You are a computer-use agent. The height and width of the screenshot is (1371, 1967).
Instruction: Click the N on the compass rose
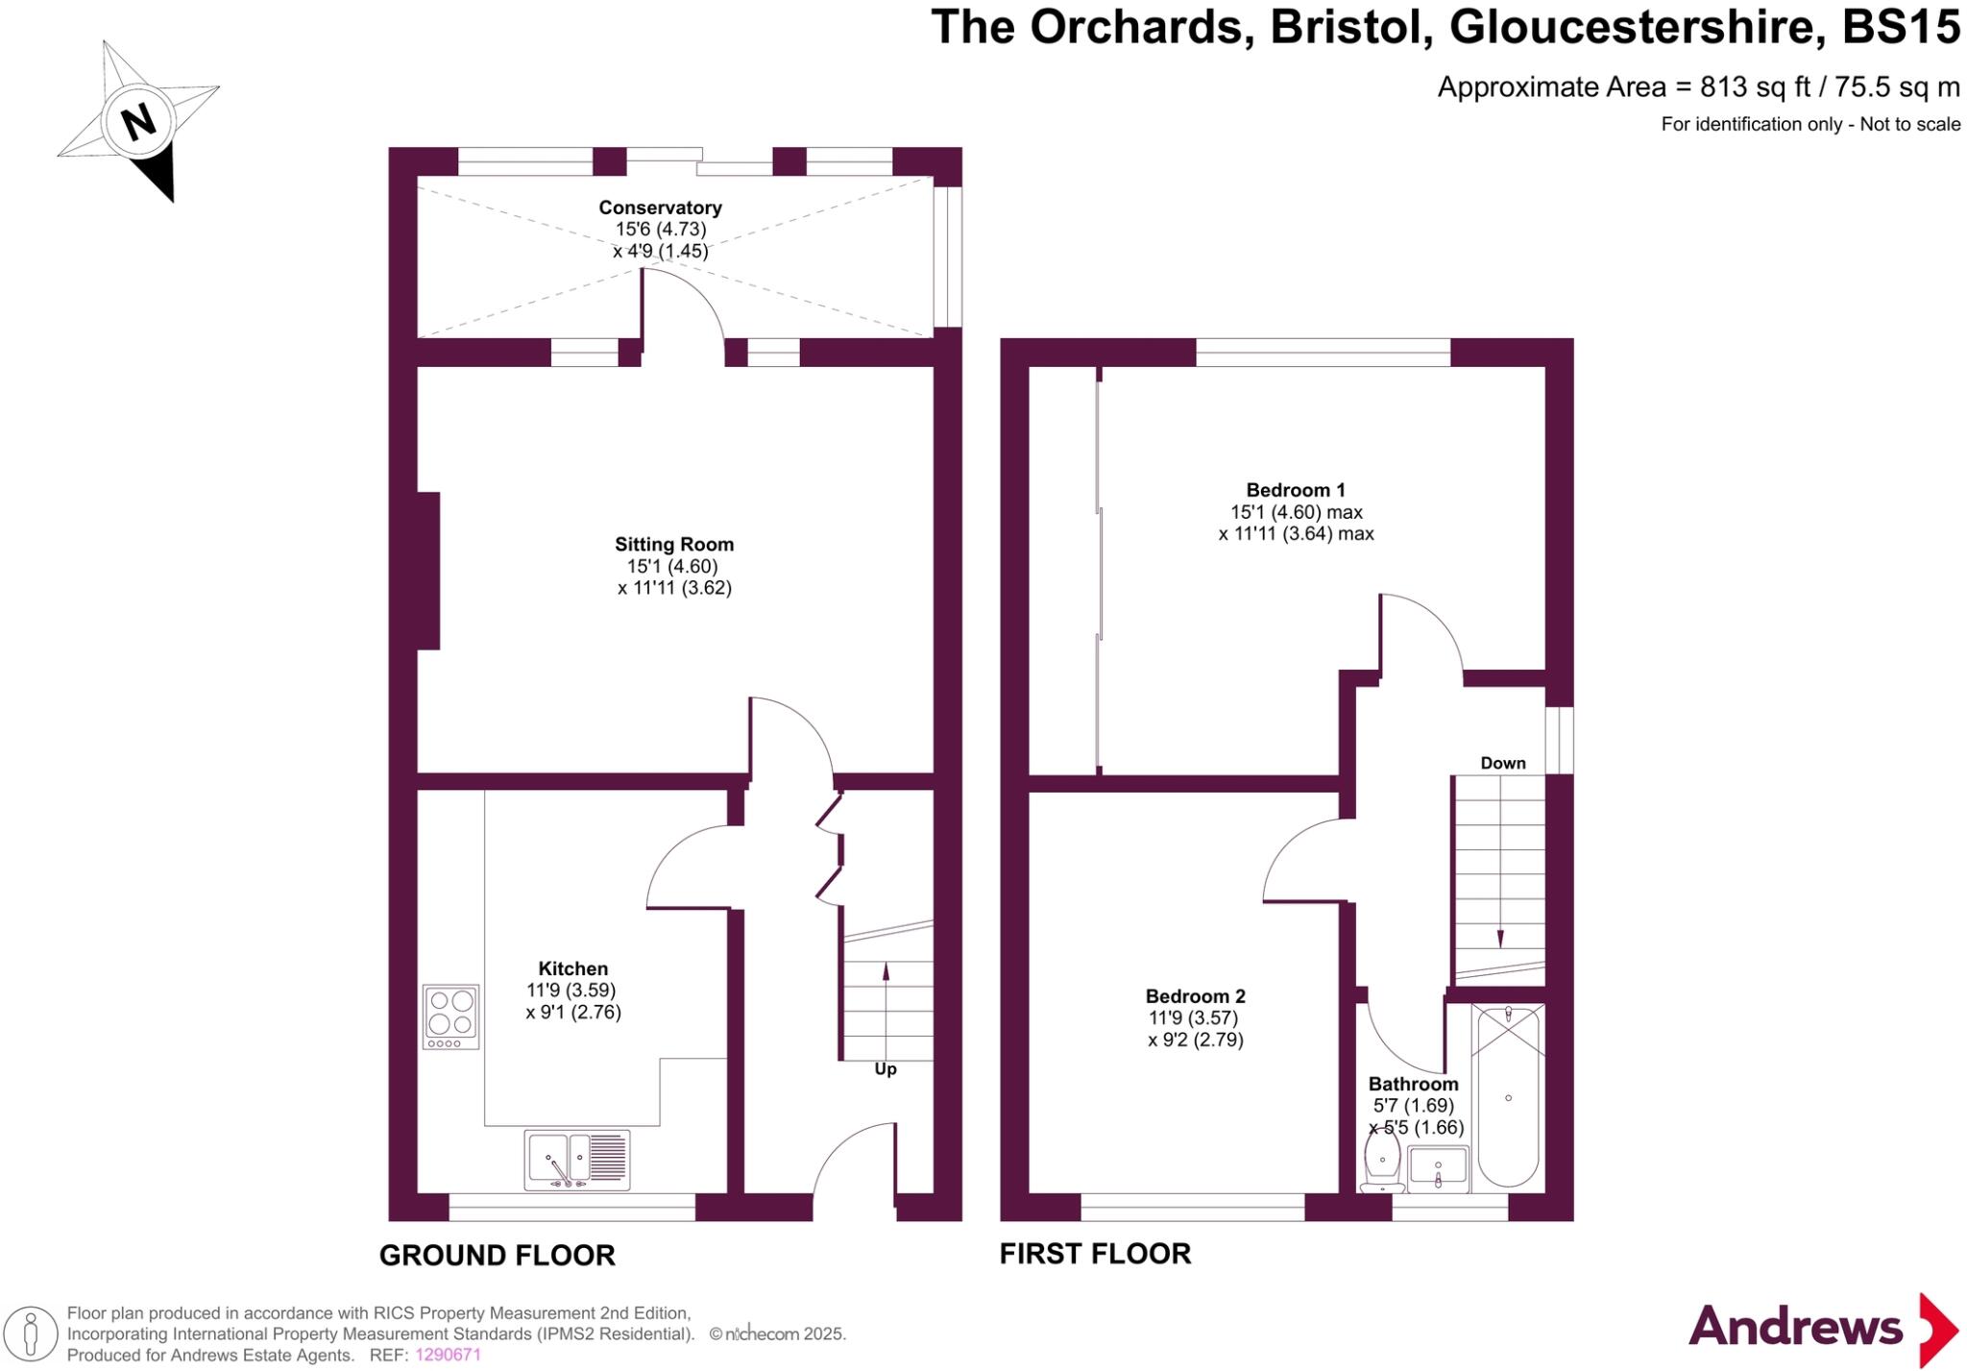click(x=139, y=122)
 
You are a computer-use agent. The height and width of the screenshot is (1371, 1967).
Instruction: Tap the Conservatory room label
click(x=660, y=208)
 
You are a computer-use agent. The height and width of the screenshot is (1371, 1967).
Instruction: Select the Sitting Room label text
click(x=674, y=545)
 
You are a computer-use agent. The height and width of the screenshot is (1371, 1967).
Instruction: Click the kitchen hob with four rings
click(x=450, y=1016)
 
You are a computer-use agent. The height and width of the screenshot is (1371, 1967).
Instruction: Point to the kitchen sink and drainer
click(x=577, y=1159)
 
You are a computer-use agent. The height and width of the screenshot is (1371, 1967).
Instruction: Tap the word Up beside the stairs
click(x=886, y=1069)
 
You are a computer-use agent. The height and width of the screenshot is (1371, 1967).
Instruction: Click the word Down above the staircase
click(x=1502, y=763)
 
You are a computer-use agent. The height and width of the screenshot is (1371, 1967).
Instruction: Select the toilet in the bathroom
click(x=1381, y=1162)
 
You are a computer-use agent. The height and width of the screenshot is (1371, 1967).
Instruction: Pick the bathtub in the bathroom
click(x=1508, y=1095)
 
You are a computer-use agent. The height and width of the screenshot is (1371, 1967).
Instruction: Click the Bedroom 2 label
click(x=1195, y=996)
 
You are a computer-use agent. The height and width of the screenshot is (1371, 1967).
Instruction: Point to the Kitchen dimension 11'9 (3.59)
click(x=571, y=991)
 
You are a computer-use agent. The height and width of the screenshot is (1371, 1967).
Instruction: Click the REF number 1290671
click(x=448, y=1355)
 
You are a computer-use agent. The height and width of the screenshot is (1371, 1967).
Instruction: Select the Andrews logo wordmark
click(x=1794, y=1328)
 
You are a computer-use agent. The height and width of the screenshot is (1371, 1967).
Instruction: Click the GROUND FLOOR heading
click(x=497, y=1255)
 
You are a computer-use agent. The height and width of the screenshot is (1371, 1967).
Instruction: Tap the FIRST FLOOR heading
click(x=1095, y=1253)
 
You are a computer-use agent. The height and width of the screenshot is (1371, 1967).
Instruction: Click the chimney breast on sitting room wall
click(x=428, y=571)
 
